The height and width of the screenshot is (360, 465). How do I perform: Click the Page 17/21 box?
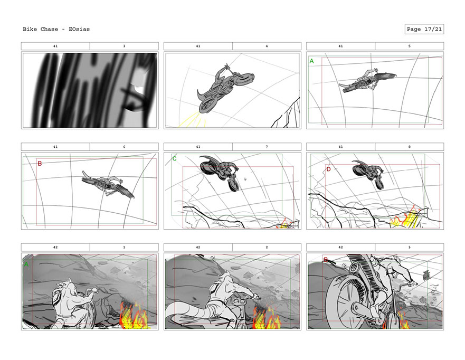(x=424, y=29)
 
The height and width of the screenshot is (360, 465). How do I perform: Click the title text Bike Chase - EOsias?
(x=56, y=29)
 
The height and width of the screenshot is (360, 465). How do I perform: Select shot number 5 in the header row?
(x=409, y=46)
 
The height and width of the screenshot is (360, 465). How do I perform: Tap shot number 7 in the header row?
(x=267, y=147)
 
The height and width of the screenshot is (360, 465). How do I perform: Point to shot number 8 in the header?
(x=409, y=147)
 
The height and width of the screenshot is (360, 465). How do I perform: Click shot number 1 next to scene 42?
(x=124, y=247)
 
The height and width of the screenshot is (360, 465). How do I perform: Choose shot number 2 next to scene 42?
(x=267, y=247)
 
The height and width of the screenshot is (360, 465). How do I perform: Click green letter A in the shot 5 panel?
(x=311, y=61)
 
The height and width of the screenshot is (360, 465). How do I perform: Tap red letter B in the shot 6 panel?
(x=40, y=164)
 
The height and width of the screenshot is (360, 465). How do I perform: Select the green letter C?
(x=174, y=159)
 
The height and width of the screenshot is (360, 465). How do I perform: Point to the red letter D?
(x=328, y=169)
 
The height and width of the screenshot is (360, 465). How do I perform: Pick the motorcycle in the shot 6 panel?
(x=108, y=184)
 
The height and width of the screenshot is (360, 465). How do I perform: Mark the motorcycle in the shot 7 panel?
(x=220, y=172)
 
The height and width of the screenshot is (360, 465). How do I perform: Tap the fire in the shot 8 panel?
(x=406, y=219)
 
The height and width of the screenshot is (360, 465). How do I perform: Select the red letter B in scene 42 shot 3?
(x=325, y=260)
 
